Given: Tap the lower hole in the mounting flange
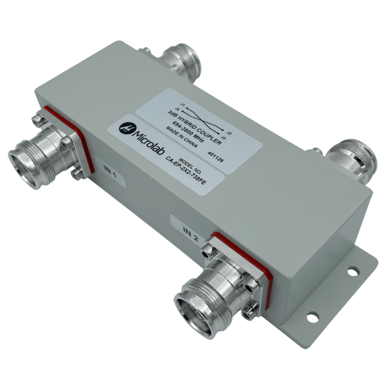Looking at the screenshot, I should coord(312,319).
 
